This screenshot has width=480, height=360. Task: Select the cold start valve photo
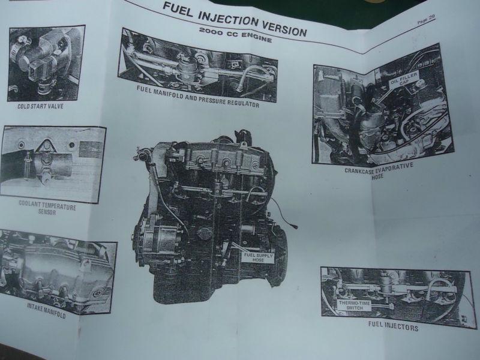[x=46, y=63]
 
